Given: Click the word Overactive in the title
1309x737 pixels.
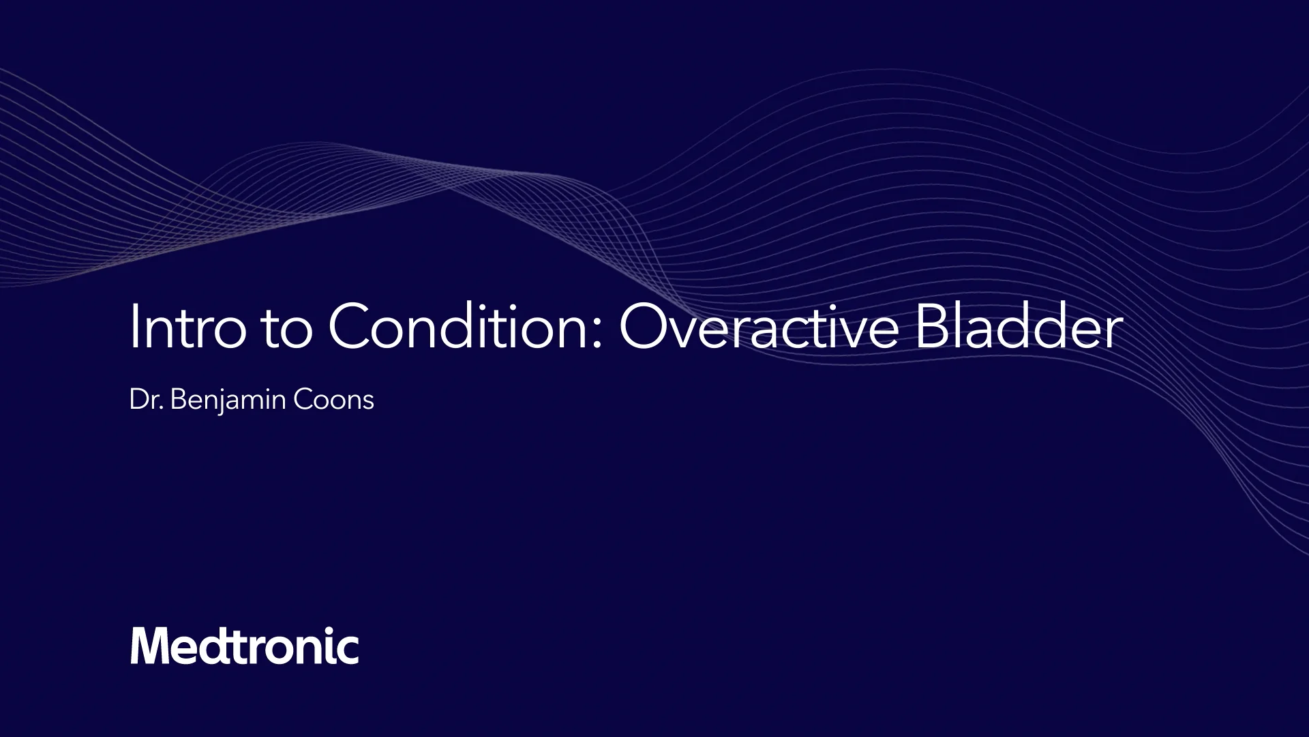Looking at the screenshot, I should pos(759,328).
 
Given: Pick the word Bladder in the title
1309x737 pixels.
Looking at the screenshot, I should pos(1019,328).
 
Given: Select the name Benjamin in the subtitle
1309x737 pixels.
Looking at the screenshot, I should pos(228,400).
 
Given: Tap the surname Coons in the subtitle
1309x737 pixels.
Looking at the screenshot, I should pos(333,400).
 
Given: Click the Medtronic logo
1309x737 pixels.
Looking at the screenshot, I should pos(244,646).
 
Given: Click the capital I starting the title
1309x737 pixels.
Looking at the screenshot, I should pos(134,326).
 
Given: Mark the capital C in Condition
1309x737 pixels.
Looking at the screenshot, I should pos(352,326).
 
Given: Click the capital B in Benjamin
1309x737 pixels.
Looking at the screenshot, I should pos(178,399).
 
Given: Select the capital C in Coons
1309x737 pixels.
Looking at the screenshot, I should pos(302,399).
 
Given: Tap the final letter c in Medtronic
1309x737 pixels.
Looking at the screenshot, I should pos(348,649).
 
